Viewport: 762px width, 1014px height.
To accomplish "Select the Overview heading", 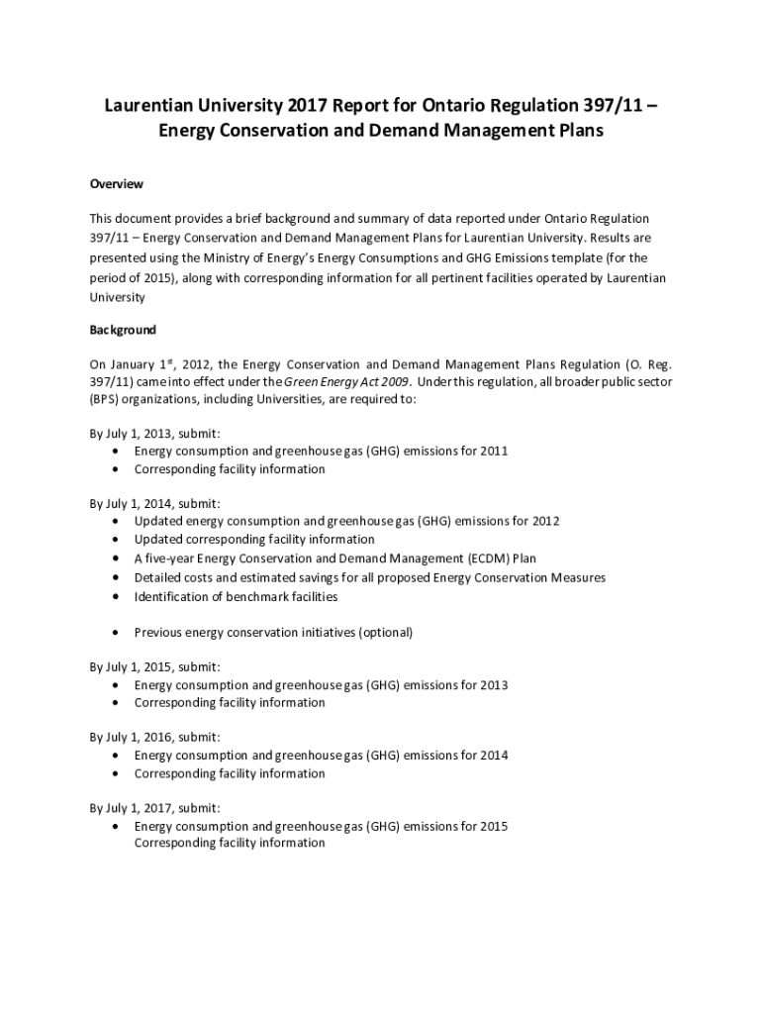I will pos(117,184).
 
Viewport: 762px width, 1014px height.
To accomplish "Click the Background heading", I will pos(124,330).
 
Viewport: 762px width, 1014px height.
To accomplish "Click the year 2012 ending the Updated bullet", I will pos(544,521).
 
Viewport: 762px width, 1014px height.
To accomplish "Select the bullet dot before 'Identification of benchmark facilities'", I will pos(118,596).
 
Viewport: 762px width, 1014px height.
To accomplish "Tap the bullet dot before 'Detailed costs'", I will pos(118,577).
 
